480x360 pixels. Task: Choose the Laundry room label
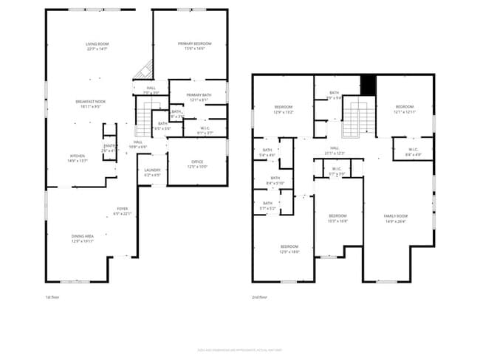click(152, 171)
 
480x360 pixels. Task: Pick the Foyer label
click(122, 211)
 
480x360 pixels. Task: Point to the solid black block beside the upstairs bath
click(368, 86)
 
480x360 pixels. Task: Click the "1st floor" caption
click(52, 297)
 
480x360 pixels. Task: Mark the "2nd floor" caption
click(259, 297)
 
